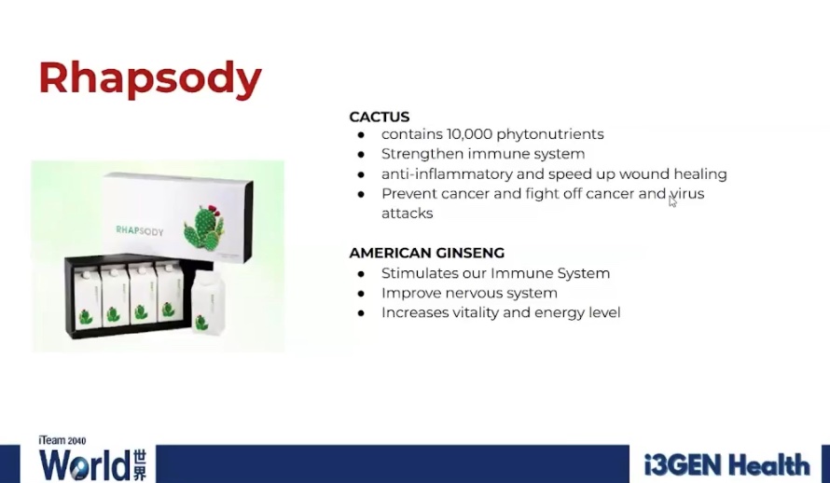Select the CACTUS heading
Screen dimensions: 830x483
point(379,117)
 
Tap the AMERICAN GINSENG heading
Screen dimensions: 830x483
point(426,253)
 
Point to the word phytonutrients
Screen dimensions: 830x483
point(550,135)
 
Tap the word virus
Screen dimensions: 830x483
point(687,194)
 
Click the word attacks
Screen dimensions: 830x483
point(407,214)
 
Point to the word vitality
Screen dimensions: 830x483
point(476,312)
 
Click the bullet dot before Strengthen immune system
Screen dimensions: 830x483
point(361,155)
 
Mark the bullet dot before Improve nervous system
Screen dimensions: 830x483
point(361,294)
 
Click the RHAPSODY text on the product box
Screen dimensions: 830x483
point(140,230)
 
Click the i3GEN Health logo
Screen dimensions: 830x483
point(726,465)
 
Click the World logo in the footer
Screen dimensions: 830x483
point(92,465)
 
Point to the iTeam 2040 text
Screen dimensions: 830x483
point(62,441)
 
